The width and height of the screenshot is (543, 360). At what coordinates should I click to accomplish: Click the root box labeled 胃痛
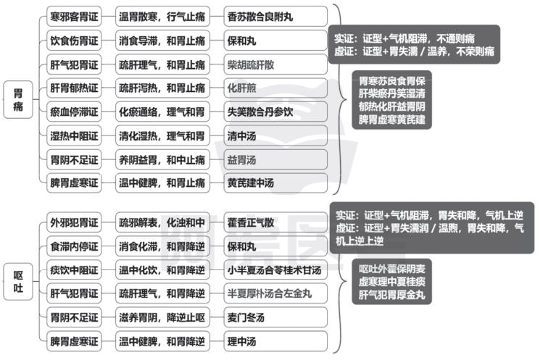point(18,100)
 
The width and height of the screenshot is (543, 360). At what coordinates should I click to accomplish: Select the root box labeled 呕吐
point(18,282)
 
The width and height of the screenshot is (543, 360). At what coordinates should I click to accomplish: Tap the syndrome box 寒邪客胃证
point(74,16)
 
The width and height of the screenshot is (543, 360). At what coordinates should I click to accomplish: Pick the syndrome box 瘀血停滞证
point(74,112)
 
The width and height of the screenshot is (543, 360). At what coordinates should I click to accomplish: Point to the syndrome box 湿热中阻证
point(74,135)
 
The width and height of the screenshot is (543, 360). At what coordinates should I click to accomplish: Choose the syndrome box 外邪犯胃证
point(74,222)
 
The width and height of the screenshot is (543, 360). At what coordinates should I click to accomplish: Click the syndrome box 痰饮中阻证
point(74,270)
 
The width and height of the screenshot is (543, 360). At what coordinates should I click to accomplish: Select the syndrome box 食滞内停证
point(74,246)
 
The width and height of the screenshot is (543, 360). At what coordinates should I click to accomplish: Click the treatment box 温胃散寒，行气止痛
point(162,16)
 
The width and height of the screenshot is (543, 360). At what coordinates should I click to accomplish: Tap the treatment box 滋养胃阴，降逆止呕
point(162,317)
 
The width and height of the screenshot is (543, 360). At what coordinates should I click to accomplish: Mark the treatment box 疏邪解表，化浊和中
point(162,222)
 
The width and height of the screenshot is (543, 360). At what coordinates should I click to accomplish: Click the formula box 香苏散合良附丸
point(275,16)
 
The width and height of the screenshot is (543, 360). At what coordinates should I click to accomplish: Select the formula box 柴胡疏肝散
point(275,64)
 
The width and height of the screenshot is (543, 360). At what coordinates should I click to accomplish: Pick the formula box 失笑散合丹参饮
point(275,112)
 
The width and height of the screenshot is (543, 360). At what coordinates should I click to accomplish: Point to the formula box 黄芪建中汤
point(275,183)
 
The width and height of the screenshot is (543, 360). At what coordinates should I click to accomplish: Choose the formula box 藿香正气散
point(275,222)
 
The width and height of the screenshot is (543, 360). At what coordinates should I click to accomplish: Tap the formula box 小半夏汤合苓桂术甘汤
point(275,270)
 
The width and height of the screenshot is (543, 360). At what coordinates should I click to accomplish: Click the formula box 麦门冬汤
point(275,317)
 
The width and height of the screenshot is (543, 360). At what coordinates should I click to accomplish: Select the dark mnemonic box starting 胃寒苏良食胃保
point(391,100)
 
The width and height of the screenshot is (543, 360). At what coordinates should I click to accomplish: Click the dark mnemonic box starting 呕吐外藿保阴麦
point(391,282)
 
